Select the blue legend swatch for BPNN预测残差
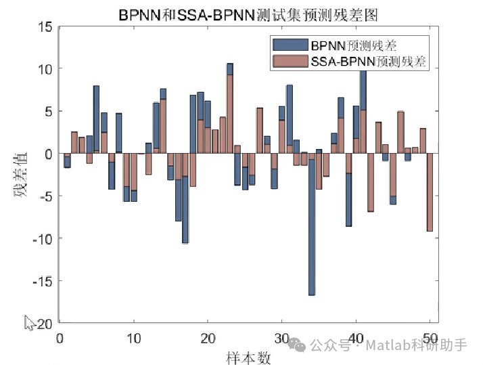(x=290, y=45)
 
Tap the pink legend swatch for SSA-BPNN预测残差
(x=290, y=62)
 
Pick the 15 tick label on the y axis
(x=45, y=27)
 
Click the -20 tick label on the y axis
(x=42, y=323)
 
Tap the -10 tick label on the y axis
(x=42, y=238)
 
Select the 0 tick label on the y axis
(x=49, y=154)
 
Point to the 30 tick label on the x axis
(x=283, y=338)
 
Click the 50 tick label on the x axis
(x=431, y=338)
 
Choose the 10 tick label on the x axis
(x=134, y=338)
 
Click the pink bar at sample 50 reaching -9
(x=430, y=193)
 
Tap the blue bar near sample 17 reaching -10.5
(x=185, y=217)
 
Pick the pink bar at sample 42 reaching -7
(x=371, y=183)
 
